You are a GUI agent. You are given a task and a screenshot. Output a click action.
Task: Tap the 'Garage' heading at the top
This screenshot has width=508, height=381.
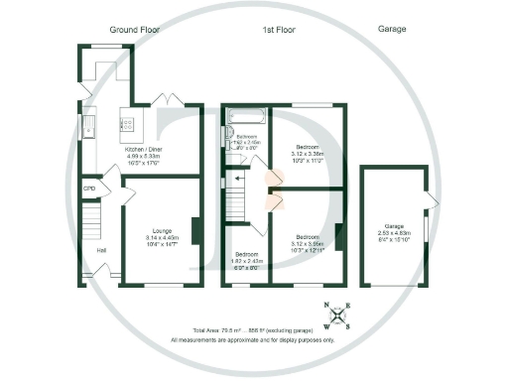coord(393,31)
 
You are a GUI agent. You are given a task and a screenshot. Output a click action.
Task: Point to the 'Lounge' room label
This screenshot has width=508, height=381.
coord(162,229)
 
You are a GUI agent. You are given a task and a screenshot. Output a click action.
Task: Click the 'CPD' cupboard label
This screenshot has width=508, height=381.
coord(89,189)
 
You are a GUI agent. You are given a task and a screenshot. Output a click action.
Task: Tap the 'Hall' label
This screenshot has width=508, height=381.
coord(101,250)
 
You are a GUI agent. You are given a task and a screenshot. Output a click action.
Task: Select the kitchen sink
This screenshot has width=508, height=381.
coord(89,126)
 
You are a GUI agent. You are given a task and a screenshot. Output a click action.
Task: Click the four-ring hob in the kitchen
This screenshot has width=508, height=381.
coord(129,125)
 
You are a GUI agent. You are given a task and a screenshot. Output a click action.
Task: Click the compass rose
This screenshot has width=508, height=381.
coord(339,316)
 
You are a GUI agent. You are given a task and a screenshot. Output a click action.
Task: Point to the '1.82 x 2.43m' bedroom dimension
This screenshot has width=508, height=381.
coord(243,260)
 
